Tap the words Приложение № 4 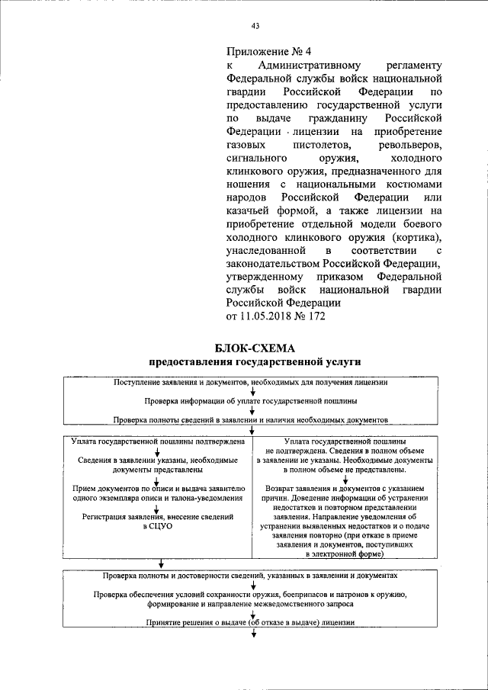[x=269, y=52]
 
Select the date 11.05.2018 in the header [x=271, y=315]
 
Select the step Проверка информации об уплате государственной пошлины [x=251, y=400]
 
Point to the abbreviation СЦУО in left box [x=158, y=527]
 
